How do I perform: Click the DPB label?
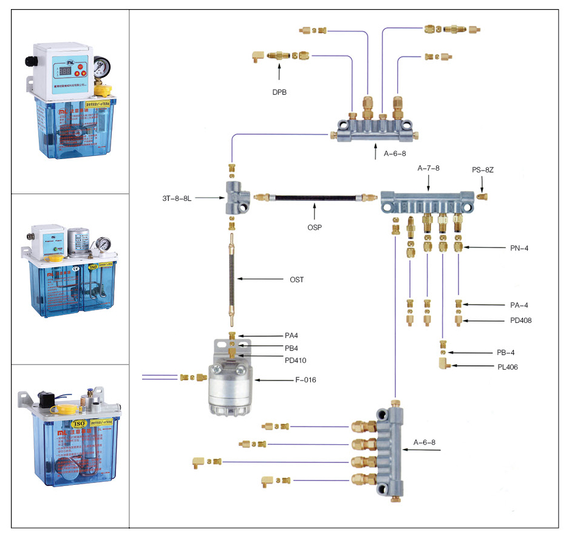tap(279, 92)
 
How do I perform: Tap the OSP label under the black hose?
tap(315, 228)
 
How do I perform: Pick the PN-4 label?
tap(520, 248)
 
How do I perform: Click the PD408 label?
tap(522, 320)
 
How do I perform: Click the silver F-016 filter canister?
tap(232, 386)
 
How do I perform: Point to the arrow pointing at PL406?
tap(471, 366)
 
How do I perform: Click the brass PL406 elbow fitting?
tap(444, 364)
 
